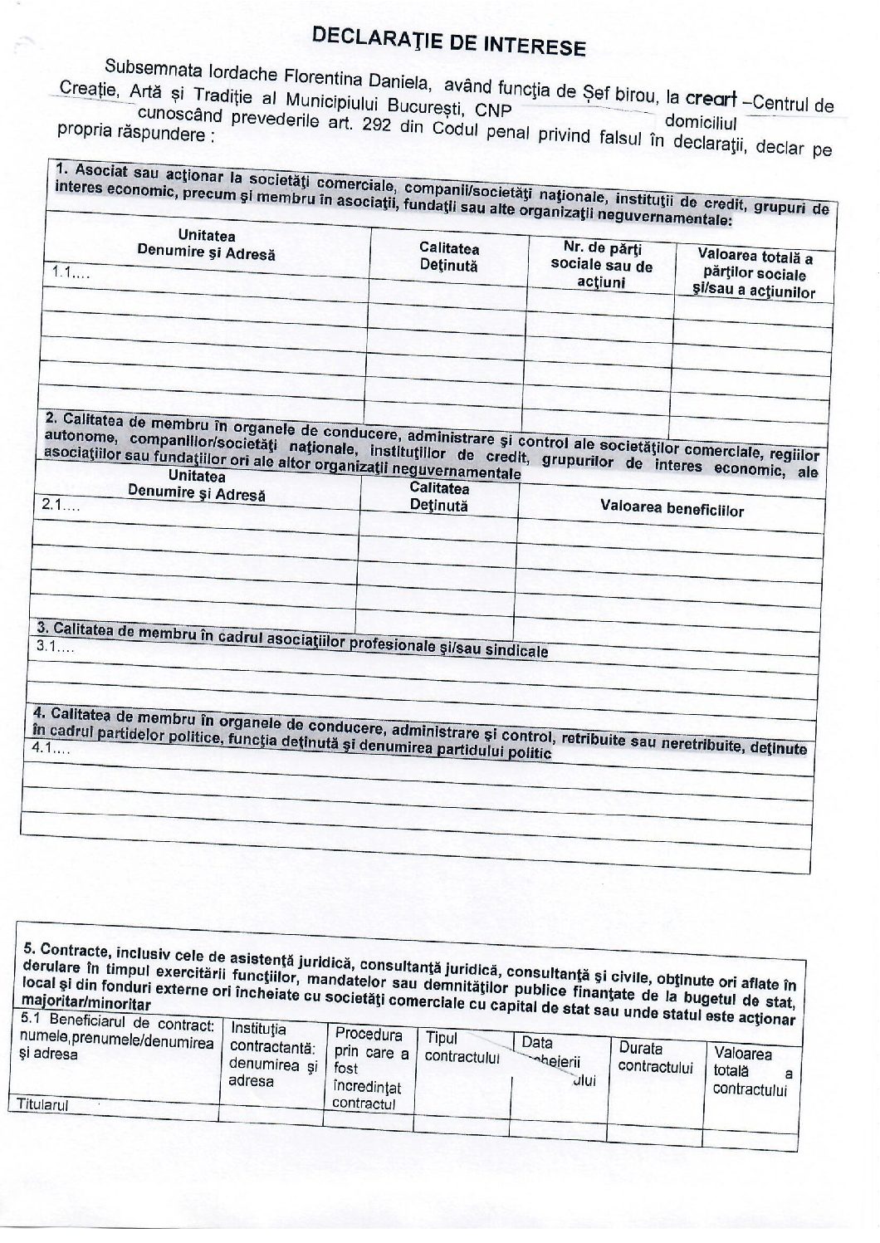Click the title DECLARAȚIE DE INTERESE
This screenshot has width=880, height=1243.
[x=448, y=42]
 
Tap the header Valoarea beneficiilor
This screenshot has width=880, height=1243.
[x=672, y=509]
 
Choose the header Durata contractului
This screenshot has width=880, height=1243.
[x=655, y=1057]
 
